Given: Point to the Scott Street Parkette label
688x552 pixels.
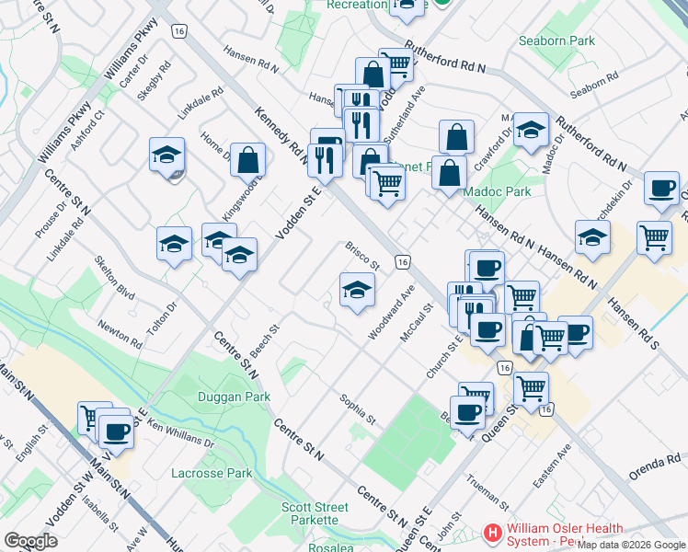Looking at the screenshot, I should (x=315, y=513).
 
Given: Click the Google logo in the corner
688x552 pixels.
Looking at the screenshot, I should (x=30, y=541).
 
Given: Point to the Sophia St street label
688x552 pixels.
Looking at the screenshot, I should (x=358, y=408).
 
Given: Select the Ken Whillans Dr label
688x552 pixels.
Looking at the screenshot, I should (x=179, y=435).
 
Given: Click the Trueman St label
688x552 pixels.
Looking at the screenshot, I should (x=487, y=492).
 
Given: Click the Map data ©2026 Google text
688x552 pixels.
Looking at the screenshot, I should (x=631, y=545).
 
